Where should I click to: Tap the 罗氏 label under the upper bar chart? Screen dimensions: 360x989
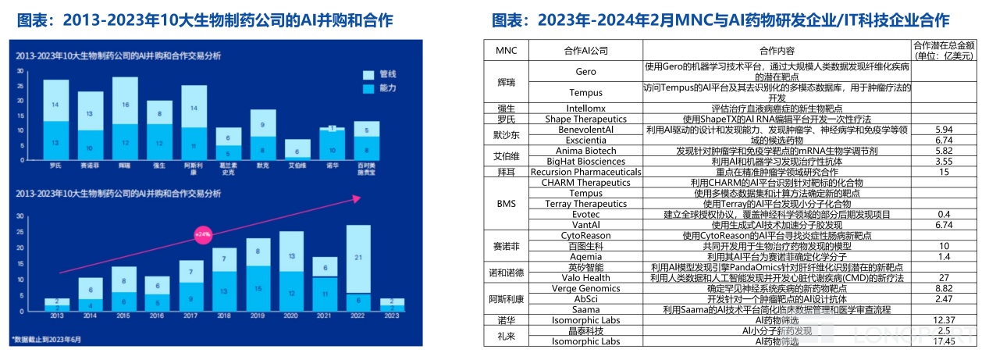55,166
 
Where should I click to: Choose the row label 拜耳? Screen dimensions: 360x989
505,172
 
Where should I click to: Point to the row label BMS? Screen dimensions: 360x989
505,203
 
